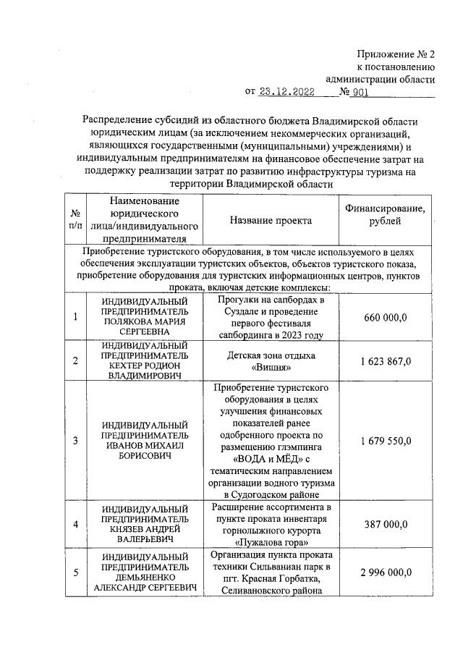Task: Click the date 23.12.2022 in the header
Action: (x=287, y=93)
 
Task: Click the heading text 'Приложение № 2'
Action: (x=396, y=54)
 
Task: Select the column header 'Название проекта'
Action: (x=271, y=221)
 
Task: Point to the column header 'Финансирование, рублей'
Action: (x=384, y=214)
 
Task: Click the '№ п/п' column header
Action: (x=75, y=220)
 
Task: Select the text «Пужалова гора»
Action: (x=271, y=541)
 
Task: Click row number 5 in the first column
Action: (x=75, y=572)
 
